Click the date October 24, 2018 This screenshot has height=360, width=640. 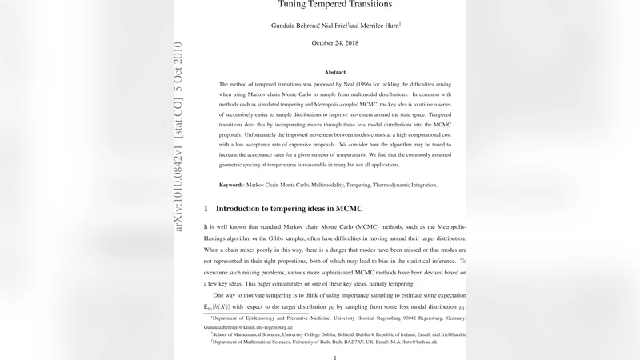[x=334, y=42]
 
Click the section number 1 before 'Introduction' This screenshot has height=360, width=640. [x=206, y=209]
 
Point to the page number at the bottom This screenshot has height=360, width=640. [x=334, y=358]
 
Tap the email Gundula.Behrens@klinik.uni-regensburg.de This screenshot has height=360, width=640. [x=246, y=327]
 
